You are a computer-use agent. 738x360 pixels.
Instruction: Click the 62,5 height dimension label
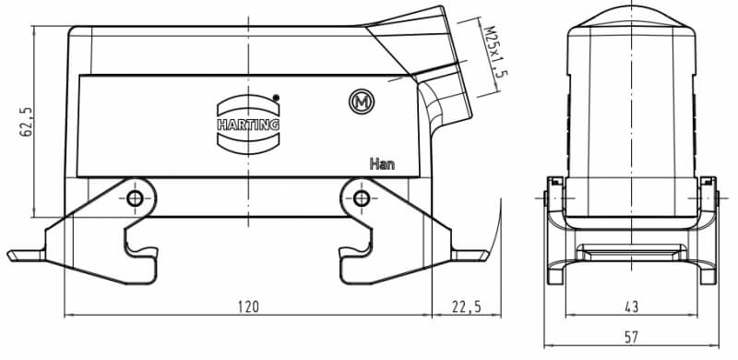point(27,122)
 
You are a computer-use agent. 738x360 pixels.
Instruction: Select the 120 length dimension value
point(247,306)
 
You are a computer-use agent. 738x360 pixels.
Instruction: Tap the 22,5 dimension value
point(467,306)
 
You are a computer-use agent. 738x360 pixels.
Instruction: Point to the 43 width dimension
point(631,306)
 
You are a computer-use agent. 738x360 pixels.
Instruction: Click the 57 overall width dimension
point(631,337)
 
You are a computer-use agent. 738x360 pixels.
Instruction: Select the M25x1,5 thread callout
point(495,52)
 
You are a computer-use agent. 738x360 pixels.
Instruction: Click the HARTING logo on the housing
point(248,125)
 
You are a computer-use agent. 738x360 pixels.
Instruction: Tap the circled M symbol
point(362,102)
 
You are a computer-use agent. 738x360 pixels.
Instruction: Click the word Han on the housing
point(382,164)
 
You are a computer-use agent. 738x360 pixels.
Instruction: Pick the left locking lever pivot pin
point(135,198)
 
